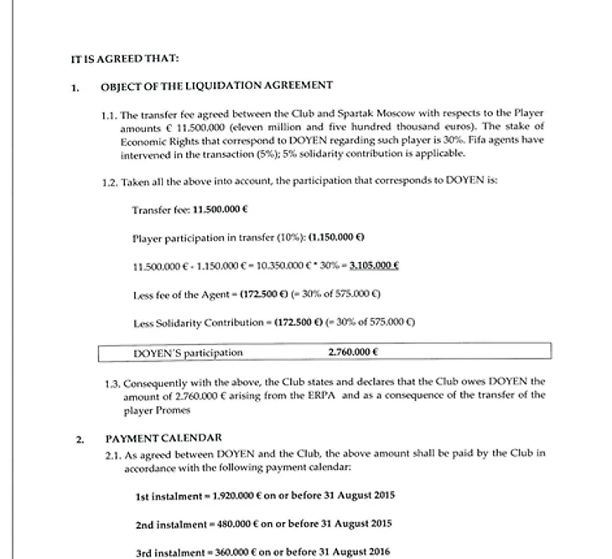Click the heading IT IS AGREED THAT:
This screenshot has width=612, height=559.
(125, 59)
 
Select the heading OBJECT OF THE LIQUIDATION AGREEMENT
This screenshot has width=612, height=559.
(216, 86)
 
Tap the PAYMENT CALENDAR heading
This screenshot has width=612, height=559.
(163, 438)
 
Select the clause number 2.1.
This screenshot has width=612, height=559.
(114, 453)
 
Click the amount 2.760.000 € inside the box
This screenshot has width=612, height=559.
(353, 353)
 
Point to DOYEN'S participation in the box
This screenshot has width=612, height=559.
(188, 353)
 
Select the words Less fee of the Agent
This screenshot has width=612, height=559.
(172, 295)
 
